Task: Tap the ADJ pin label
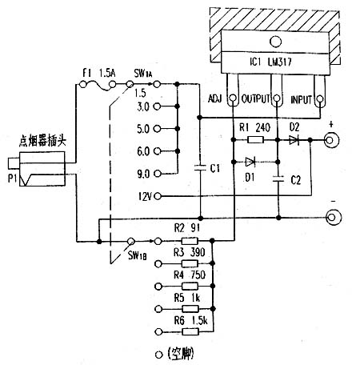[x=214, y=99]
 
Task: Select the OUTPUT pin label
[x=254, y=99]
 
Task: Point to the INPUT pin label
[x=301, y=99]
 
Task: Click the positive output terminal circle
[x=329, y=141]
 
